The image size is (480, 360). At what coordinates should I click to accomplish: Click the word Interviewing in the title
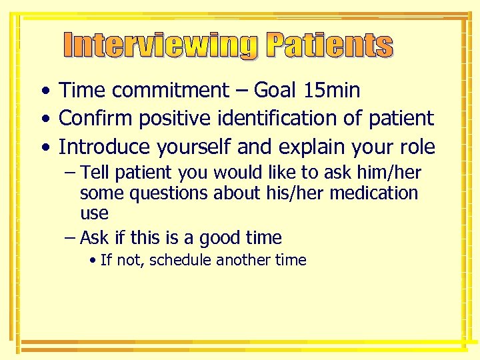161,46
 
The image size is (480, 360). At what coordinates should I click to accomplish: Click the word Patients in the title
329,46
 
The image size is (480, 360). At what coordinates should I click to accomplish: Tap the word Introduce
103,147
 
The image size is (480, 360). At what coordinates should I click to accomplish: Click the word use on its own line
94,213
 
